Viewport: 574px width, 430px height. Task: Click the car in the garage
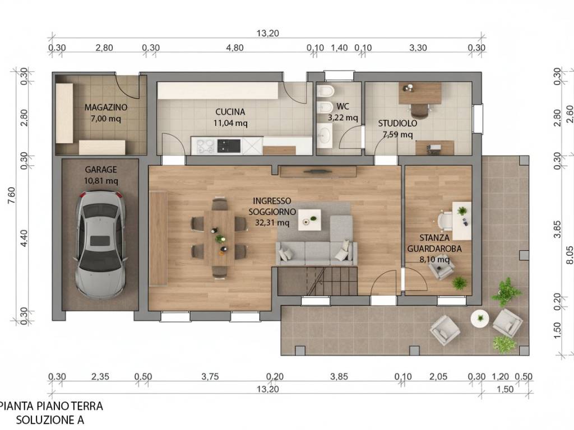click(101, 245)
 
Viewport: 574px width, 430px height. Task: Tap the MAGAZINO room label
click(106, 107)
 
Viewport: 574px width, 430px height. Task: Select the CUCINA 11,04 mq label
click(230, 118)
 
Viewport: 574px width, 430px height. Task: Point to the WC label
click(342, 106)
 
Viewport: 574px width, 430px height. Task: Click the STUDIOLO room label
click(397, 123)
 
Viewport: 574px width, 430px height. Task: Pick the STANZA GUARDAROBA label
click(434, 243)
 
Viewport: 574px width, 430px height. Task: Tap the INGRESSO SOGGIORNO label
click(272, 206)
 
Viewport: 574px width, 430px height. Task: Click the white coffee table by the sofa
click(309, 219)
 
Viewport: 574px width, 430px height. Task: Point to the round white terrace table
click(480, 319)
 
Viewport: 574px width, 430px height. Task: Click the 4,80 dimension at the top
click(235, 48)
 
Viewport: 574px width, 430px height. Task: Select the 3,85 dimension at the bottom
click(339, 376)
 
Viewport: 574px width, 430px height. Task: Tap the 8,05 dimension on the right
click(570, 255)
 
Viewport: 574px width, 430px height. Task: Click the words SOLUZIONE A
click(50, 420)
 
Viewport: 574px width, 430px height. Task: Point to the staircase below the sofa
click(317, 281)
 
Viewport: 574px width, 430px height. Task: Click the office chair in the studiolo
click(419, 110)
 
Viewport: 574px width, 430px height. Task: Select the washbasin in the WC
click(325, 135)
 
